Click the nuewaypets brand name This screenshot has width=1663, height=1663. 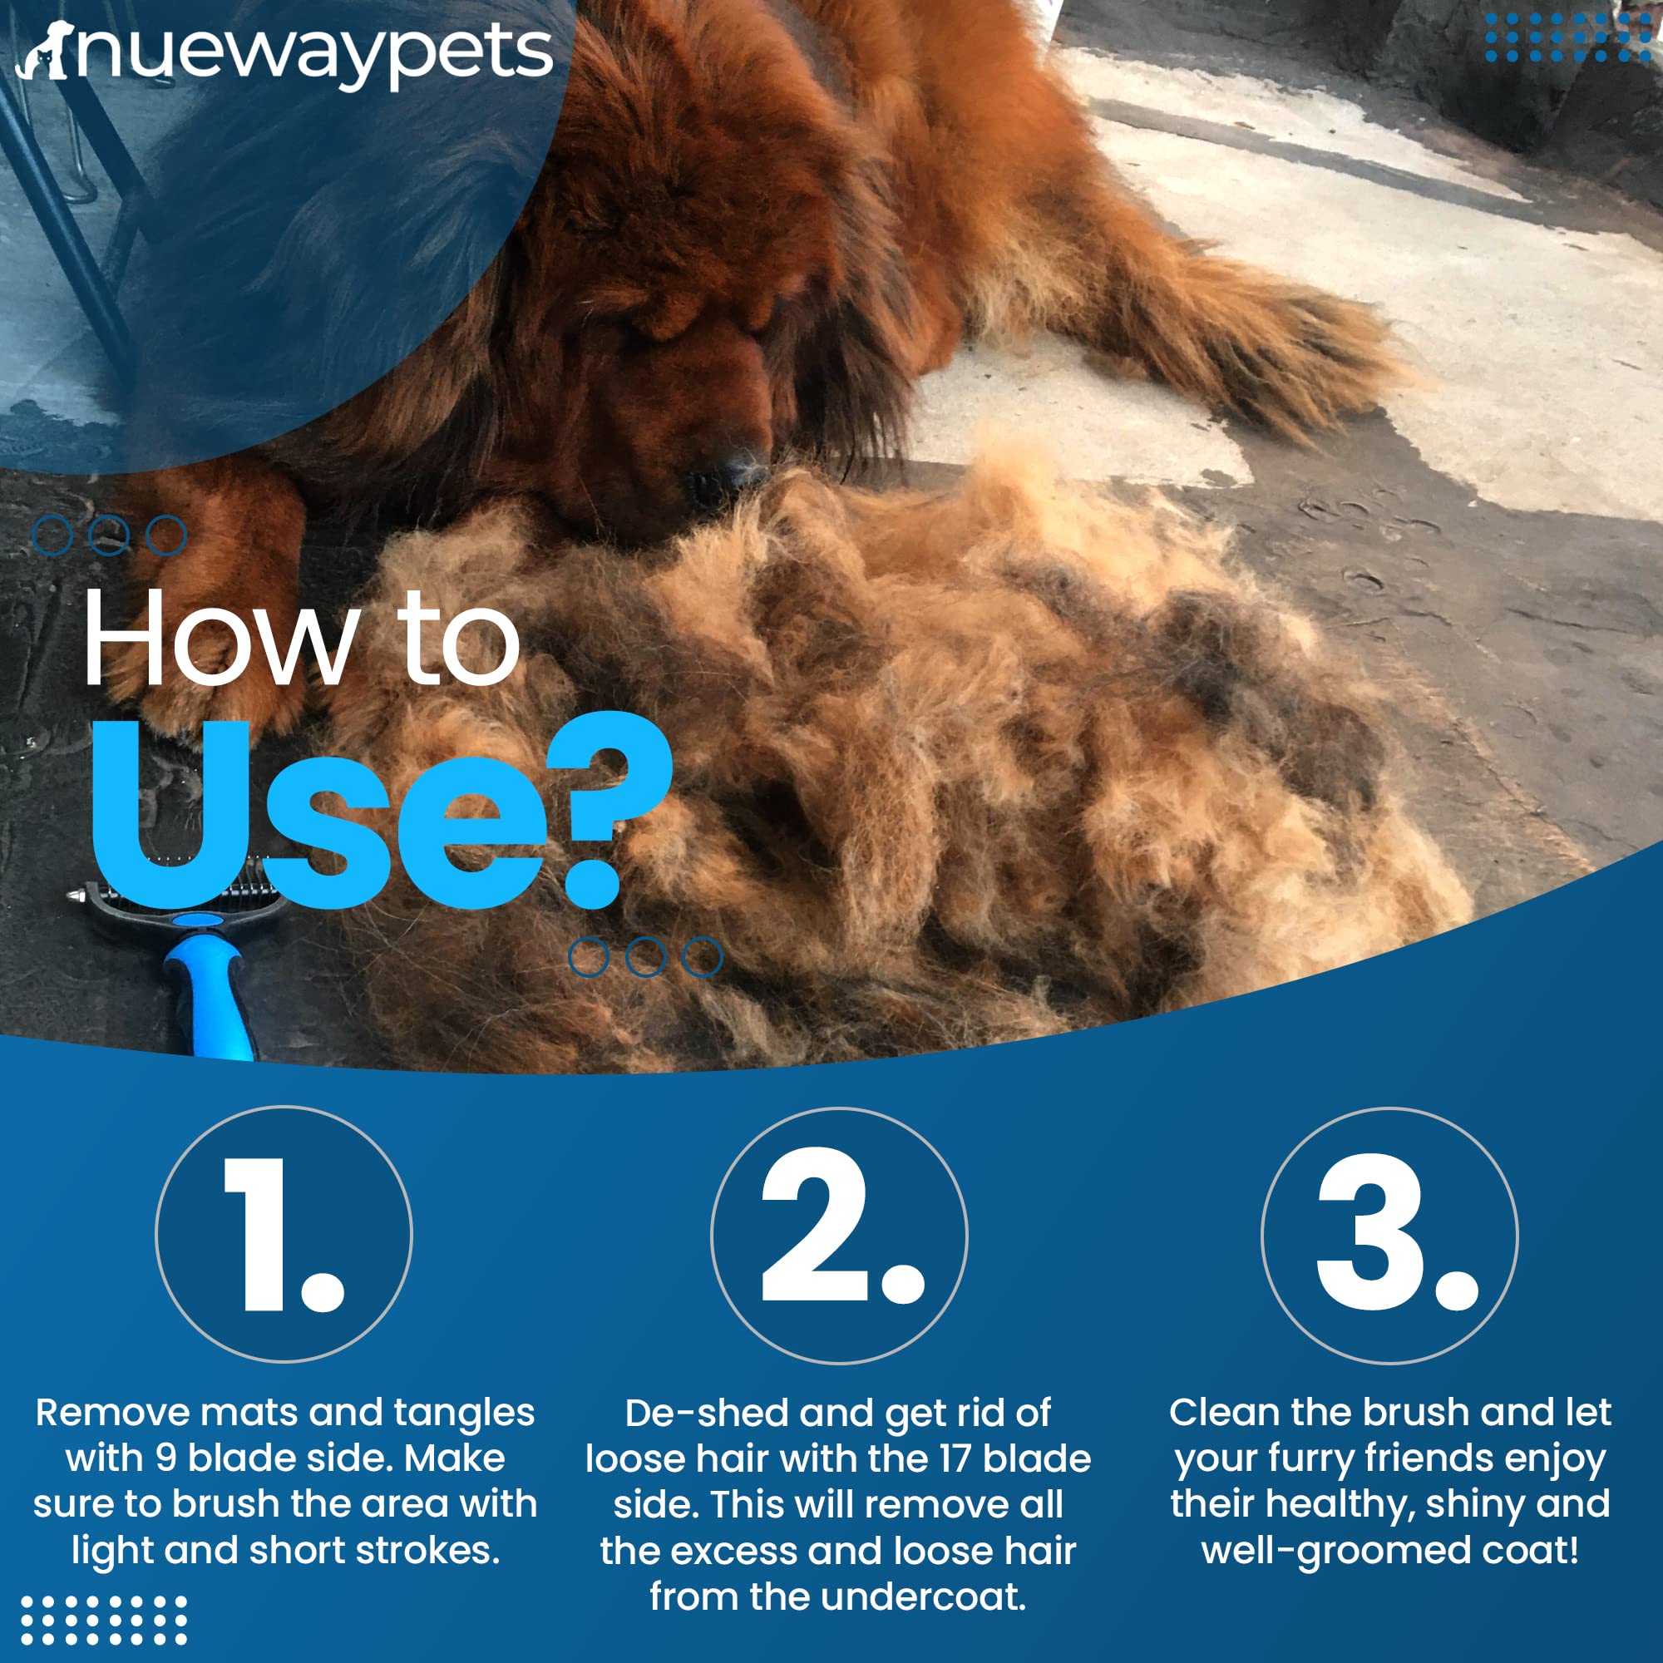click(314, 53)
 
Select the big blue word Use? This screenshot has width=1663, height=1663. click(378, 813)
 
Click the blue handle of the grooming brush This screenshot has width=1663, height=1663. click(211, 989)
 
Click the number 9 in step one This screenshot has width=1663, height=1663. click(166, 1458)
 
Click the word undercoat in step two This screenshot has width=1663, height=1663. click(922, 1597)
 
